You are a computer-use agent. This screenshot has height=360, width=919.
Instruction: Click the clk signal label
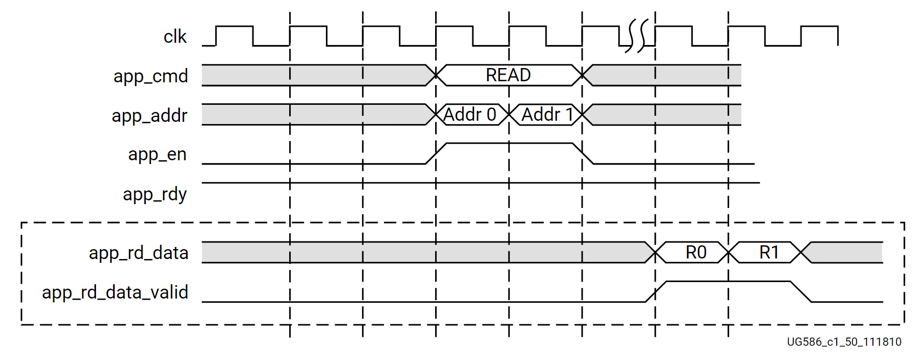point(175,37)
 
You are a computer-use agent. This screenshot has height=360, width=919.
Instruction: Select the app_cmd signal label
point(150,76)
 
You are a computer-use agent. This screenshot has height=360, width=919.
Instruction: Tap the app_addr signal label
point(149,115)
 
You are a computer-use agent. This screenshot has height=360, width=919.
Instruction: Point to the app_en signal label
point(157,155)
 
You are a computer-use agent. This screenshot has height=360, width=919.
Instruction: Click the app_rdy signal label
point(155,194)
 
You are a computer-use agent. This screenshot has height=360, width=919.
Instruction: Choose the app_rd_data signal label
point(138,253)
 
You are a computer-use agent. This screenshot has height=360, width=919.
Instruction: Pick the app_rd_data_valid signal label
point(115,292)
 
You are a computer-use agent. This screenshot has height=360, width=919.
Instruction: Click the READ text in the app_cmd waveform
point(508,75)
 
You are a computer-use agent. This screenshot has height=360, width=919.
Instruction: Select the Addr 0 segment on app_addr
point(470,115)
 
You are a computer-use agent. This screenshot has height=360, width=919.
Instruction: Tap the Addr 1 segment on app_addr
point(547,115)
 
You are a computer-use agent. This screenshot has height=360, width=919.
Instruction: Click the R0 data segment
point(696,252)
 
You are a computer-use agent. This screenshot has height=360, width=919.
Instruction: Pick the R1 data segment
point(769,252)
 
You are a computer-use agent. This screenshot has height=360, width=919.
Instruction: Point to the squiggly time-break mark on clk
point(637,36)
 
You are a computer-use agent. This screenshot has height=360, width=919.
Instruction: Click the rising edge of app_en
point(436,154)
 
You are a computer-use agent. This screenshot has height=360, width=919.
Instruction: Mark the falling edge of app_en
point(583,154)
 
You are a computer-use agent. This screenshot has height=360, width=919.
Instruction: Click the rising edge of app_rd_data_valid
point(656,291)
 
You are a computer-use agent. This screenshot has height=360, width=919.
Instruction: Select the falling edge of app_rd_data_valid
point(801,291)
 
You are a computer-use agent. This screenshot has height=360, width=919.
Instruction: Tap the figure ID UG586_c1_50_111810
point(844,342)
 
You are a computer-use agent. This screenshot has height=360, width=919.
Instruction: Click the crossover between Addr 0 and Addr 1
point(509,115)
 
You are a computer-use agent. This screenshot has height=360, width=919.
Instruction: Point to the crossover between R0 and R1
point(729,252)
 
